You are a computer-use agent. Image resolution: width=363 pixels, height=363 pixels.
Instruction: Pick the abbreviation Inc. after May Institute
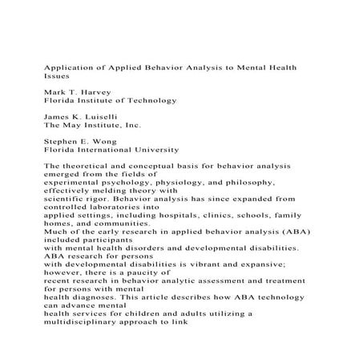130,126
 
